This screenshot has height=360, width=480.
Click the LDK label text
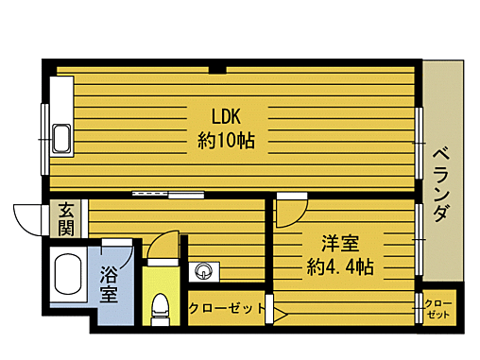pyautogui.click(x=228, y=118)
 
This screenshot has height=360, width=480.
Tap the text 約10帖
pyautogui.click(x=228, y=141)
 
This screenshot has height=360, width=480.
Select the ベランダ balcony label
pyautogui.click(x=439, y=184)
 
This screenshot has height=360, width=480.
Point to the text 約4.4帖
pyautogui.click(x=339, y=266)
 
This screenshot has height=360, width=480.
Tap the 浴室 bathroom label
pyautogui.click(x=109, y=283)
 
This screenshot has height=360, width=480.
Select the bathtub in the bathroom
pyautogui.click(x=66, y=277)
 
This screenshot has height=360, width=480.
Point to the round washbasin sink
pyautogui.click(x=202, y=273)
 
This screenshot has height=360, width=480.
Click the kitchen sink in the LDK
pyautogui.click(x=62, y=138)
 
